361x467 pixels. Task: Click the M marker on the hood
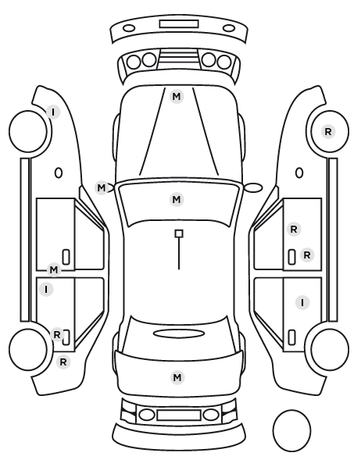(176, 97)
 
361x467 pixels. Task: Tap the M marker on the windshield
(177, 199)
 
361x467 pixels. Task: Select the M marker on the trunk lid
(177, 377)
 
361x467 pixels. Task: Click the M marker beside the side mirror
(102, 188)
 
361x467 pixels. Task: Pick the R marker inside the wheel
(328, 131)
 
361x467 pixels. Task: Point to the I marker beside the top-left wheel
(53, 112)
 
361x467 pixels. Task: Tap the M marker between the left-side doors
(54, 270)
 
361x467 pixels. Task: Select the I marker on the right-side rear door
(302, 302)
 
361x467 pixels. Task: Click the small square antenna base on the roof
(179, 233)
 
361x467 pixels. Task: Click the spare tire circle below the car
(291, 430)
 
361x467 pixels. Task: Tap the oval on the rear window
(179, 333)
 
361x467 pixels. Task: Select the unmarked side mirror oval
(253, 187)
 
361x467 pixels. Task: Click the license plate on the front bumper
(179, 24)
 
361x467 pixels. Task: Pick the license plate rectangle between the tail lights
(179, 415)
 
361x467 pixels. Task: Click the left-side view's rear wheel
(28, 349)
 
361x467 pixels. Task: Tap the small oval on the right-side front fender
(299, 173)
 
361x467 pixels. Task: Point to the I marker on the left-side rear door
(46, 289)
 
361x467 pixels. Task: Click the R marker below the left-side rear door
(63, 362)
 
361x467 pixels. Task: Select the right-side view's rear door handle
(292, 337)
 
